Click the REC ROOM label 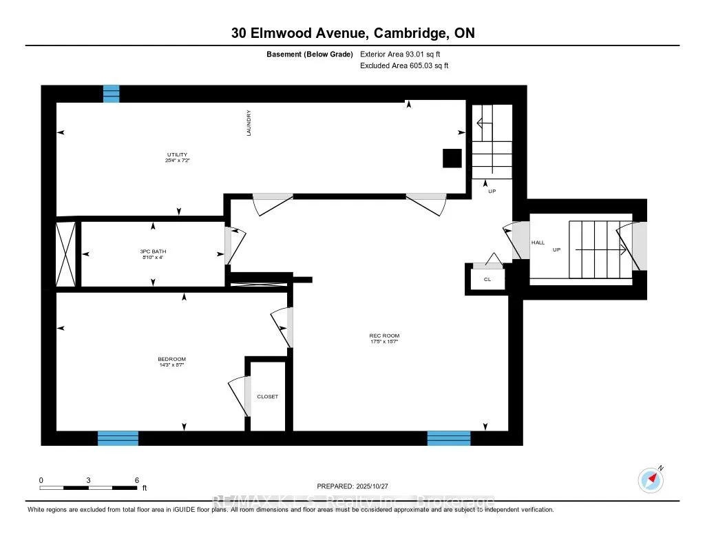(x=384, y=336)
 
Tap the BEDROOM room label (x=171, y=359)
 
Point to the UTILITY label (x=177, y=154)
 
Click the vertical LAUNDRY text (x=249, y=123)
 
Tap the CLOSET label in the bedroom (x=268, y=396)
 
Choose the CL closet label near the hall (x=487, y=280)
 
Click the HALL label (x=538, y=243)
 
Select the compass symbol (x=651, y=479)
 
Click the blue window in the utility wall (x=111, y=94)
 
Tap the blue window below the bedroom (x=118, y=438)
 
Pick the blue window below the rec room (x=449, y=438)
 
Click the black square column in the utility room (x=452, y=158)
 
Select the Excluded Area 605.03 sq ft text (x=404, y=66)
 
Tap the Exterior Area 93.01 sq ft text (x=408, y=54)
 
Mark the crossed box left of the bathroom (x=65, y=253)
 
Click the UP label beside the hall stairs (x=556, y=249)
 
